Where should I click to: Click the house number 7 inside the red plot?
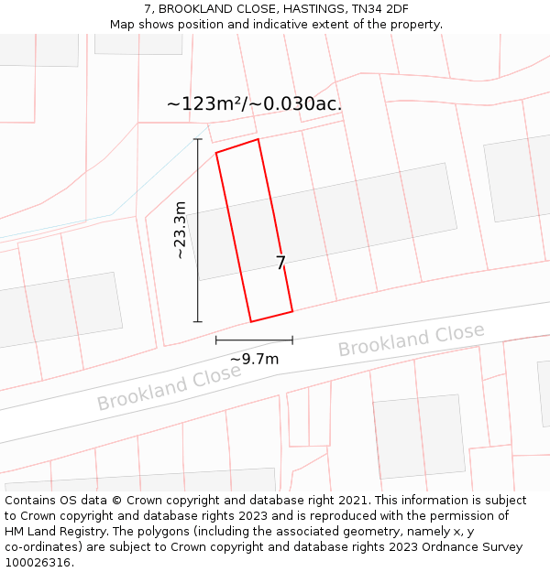click(x=280, y=264)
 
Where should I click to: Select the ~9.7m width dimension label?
click(x=254, y=360)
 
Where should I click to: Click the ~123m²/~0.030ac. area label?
click(x=254, y=103)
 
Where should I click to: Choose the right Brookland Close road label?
click(x=412, y=340)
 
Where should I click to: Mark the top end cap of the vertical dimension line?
click(x=197, y=139)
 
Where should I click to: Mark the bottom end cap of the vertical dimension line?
click(x=197, y=321)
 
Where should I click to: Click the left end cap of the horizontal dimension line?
click(x=216, y=340)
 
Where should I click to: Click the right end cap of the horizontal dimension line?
click(x=292, y=340)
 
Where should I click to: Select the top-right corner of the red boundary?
click(x=258, y=139)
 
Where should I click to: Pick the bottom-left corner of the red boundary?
click(x=251, y=321)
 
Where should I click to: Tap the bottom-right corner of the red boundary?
click(x=292, y=311)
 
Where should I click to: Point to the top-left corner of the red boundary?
click(x=216, y=153)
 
